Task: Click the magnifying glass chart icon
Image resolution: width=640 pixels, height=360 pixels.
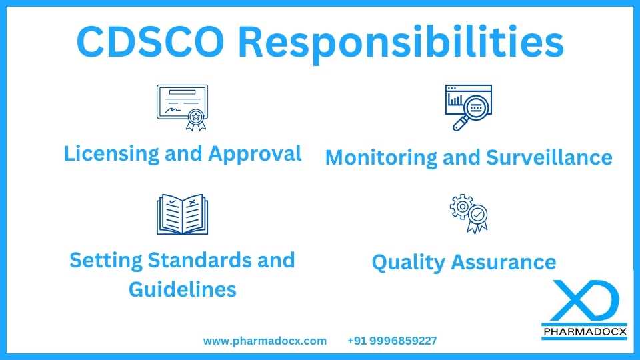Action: (467, 107)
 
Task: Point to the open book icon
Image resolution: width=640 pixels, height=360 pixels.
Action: (182, 215)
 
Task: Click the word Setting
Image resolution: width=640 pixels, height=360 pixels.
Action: (104, 259)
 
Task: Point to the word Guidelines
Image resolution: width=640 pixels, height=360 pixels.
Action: (182, 289)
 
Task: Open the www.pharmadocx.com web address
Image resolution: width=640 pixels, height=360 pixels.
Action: (265, 341)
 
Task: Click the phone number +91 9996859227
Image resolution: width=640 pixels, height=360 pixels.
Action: (392, 341)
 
